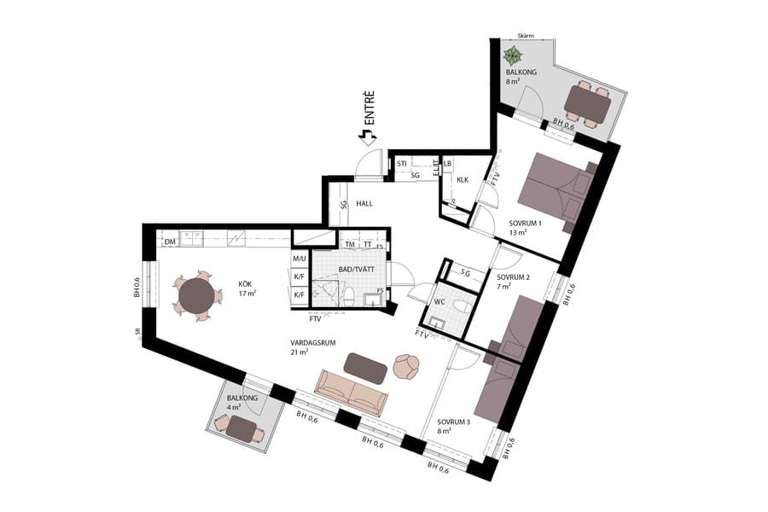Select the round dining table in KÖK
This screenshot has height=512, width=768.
tap(197, 296)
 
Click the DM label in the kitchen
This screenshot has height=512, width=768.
tap(171, 241)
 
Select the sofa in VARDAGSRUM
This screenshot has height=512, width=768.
tap(352, 391)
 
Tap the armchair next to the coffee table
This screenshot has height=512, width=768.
tap(406, 367)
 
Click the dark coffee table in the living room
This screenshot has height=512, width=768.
tap(365, 366)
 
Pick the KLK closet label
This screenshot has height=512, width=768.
tap(463, 180)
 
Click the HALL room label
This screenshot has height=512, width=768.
tap(365, 204)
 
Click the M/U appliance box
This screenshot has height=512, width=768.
tap(300, 259)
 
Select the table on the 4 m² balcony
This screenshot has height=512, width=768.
tap(246, 432)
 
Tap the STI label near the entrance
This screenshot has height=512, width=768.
tap(402, 162)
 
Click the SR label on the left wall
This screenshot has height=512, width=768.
tap(137, 333)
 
